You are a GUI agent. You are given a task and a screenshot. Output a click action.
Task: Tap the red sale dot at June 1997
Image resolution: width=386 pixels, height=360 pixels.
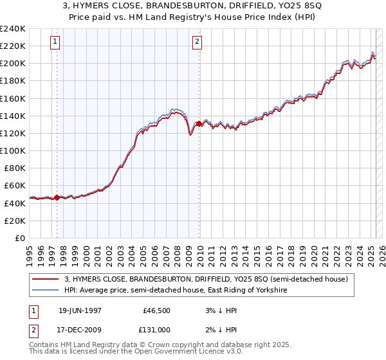click(57, 197)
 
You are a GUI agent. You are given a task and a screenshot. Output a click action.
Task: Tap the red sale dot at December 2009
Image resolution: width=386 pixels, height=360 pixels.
click(199, 123)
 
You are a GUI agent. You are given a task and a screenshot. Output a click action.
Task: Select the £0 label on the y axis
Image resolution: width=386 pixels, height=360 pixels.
click(19, 238)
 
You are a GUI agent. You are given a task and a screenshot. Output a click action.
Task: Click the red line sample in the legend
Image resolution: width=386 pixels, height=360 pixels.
click(46, 279)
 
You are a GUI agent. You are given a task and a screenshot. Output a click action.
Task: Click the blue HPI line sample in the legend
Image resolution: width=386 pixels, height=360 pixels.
click(46, 291)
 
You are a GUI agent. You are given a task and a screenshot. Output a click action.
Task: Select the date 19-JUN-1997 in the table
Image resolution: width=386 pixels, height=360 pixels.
click(81, 310)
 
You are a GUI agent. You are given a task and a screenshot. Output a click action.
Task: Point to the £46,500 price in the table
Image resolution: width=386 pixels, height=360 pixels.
click(156, 310)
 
